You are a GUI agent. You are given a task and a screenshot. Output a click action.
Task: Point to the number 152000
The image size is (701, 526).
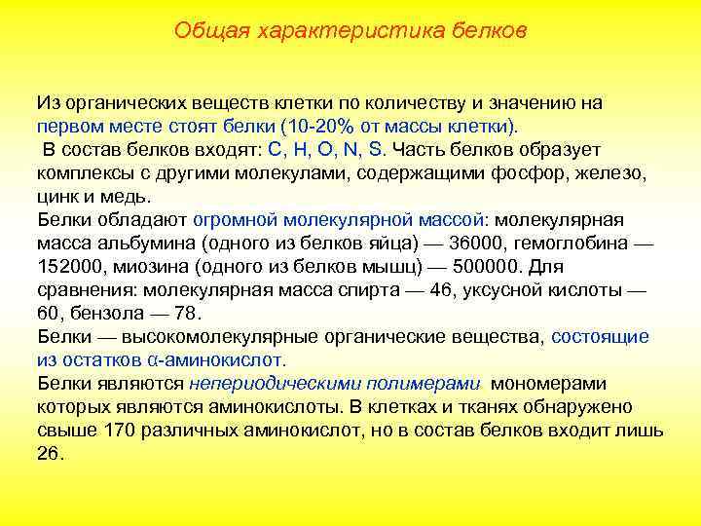69,267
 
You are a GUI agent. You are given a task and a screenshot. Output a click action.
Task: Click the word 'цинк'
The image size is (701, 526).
57,197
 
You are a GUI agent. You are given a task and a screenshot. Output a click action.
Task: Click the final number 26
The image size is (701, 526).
49,453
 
